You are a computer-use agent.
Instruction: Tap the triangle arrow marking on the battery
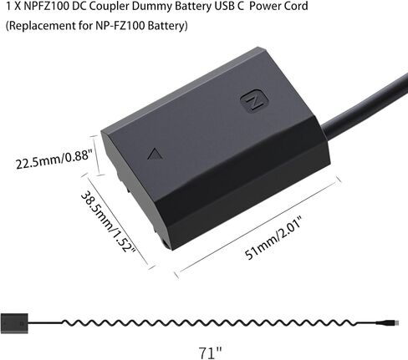155,155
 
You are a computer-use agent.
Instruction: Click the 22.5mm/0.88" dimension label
54,160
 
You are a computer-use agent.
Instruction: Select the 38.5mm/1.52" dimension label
109,222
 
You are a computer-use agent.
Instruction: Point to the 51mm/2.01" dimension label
273,240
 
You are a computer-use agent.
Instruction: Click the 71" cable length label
210,352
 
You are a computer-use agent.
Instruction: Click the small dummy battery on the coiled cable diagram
14,323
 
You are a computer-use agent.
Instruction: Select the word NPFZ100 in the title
47,6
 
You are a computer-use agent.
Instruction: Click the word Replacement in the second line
40,25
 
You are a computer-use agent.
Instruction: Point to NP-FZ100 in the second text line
120,25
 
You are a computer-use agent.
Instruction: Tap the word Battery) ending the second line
168,26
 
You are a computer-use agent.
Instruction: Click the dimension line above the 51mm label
257,227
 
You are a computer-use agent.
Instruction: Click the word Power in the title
264,6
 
